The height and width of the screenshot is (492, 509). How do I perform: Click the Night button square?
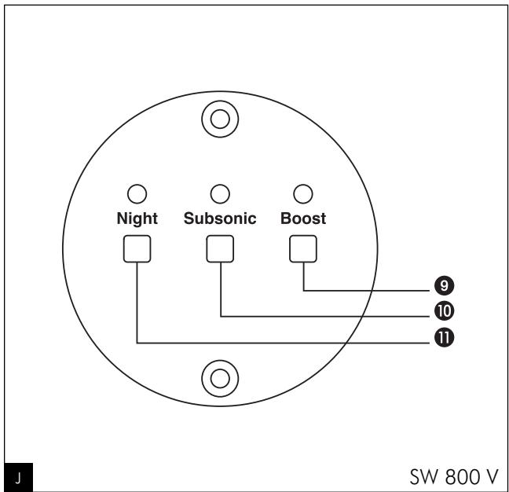[137, 249]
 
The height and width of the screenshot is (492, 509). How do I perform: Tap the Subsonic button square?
[220, 249]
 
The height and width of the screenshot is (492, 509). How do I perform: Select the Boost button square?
[303, 249]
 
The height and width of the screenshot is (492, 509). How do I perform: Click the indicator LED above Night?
[137, 193]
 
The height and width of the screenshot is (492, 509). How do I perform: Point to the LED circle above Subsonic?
[220, 193]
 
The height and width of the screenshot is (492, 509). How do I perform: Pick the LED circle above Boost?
[303, 193]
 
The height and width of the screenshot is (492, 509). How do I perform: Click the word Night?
[137, 219]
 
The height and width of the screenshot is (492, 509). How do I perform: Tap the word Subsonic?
[220, 219]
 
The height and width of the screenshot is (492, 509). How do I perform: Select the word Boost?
[303, 219]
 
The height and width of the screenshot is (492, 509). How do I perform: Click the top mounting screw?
[220, 119]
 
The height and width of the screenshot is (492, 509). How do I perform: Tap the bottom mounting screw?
[220, 377]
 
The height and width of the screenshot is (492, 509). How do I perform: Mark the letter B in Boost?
[285, 219]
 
